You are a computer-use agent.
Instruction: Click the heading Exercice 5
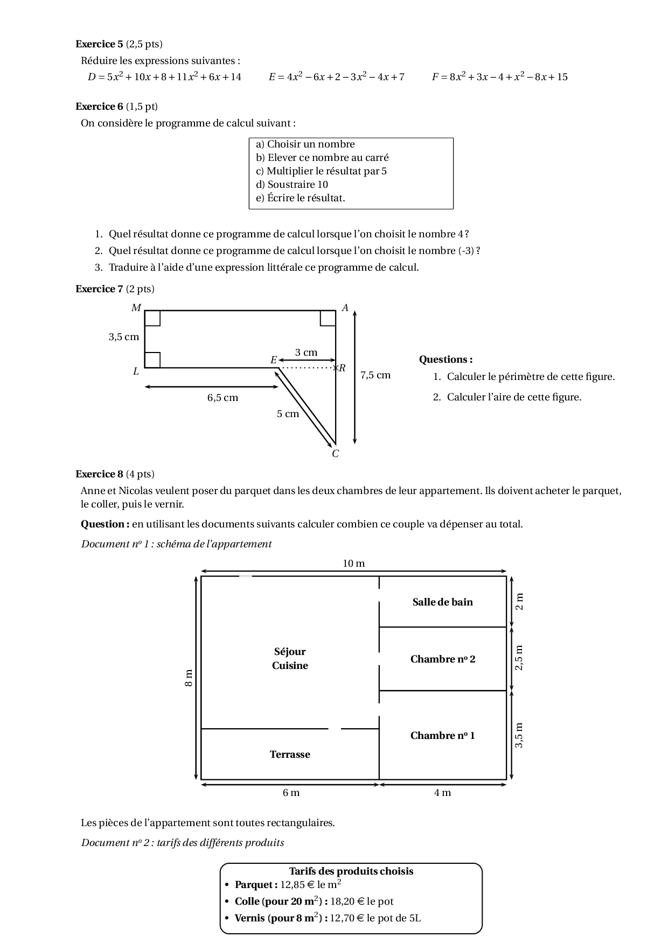(x=99, y=44)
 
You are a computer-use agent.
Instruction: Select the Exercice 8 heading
(x=99, y=474)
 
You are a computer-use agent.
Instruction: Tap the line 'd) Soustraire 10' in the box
(x=292, y=185)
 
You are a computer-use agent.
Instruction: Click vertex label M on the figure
(x=136, y=308)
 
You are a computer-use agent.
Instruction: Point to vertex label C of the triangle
(x=336, y=454)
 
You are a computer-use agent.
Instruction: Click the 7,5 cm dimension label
(x=375, y=375)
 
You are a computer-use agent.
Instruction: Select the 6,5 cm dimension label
(x=222, y=398)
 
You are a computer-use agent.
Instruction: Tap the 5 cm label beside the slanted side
(x=288, y=414)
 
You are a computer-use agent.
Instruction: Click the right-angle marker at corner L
(x=152, y=360)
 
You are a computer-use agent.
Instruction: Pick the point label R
(x=342, y=368)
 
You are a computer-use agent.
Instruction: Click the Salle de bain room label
(x=442, y=602)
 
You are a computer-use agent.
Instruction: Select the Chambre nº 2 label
(x=442, y=659)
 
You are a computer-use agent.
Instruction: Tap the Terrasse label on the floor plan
(x=290, y=755)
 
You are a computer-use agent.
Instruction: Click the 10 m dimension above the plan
(x=354, y=563)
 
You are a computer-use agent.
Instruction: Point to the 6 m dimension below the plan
(x=291, y=793)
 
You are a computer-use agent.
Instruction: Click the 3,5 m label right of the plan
(x=519, y=735)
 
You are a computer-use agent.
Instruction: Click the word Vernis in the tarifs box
(x=250, y=918)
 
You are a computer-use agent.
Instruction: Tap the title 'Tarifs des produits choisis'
(x=351, y=871)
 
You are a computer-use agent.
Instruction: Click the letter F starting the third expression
(x=435, y=77)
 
